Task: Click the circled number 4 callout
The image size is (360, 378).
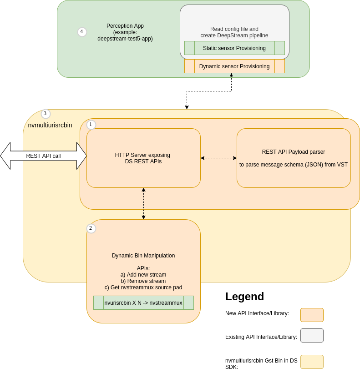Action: point(82,32)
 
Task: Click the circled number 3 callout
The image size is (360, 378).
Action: point(45,114)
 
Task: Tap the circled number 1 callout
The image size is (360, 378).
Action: point(91,124)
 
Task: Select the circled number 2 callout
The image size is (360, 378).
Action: point(91,228)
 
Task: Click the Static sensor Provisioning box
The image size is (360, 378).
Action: point(234,48)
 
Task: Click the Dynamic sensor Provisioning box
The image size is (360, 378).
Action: point(234,66)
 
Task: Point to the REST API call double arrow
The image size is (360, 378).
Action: point(43,156)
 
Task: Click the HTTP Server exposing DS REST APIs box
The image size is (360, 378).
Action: point(143,158)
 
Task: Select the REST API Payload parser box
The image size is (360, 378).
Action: point(294,158)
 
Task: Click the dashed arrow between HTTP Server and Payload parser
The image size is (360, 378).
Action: point(218,158)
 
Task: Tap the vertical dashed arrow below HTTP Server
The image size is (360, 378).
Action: point(143,203)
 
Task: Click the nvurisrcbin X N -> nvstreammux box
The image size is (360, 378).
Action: point(143,303)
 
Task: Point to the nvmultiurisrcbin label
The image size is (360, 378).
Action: point(50,125)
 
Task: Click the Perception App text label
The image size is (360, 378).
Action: point(125,32)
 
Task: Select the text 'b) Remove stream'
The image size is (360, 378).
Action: point(143,281)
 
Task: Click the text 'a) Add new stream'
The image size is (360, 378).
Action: point(143,275)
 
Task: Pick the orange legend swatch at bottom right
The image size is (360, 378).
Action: point(312,315)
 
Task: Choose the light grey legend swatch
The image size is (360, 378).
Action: point(312,335)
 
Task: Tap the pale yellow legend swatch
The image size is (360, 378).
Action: point(312,362)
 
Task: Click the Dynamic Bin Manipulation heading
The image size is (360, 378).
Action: point(143,256)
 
